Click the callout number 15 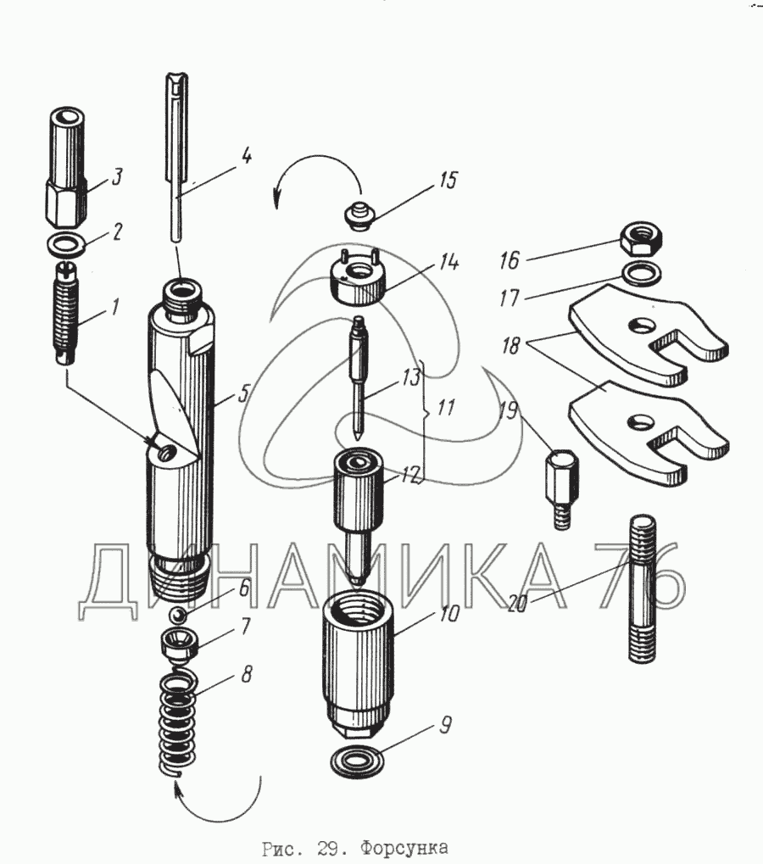(449, 181)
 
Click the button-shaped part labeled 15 (359, 216)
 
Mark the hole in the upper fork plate (641, 327)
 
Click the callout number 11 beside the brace (445, 408)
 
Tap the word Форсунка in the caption (404, 848)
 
